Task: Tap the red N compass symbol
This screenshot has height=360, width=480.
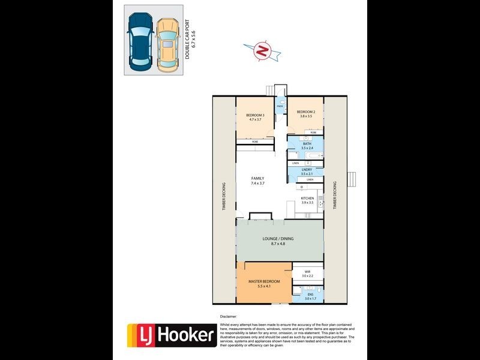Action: (x=262, y=52)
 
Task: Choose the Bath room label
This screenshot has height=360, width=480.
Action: (x=307, y=146)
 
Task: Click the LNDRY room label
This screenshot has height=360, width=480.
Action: (x=307, y=172)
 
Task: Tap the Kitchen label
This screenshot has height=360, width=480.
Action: (x=307, y=200)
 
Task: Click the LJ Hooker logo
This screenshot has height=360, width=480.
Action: (x=171, y=335)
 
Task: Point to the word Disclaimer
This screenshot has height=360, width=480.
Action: (x=229, y=316)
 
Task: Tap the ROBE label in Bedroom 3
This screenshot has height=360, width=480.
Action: (x=255, y=142)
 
